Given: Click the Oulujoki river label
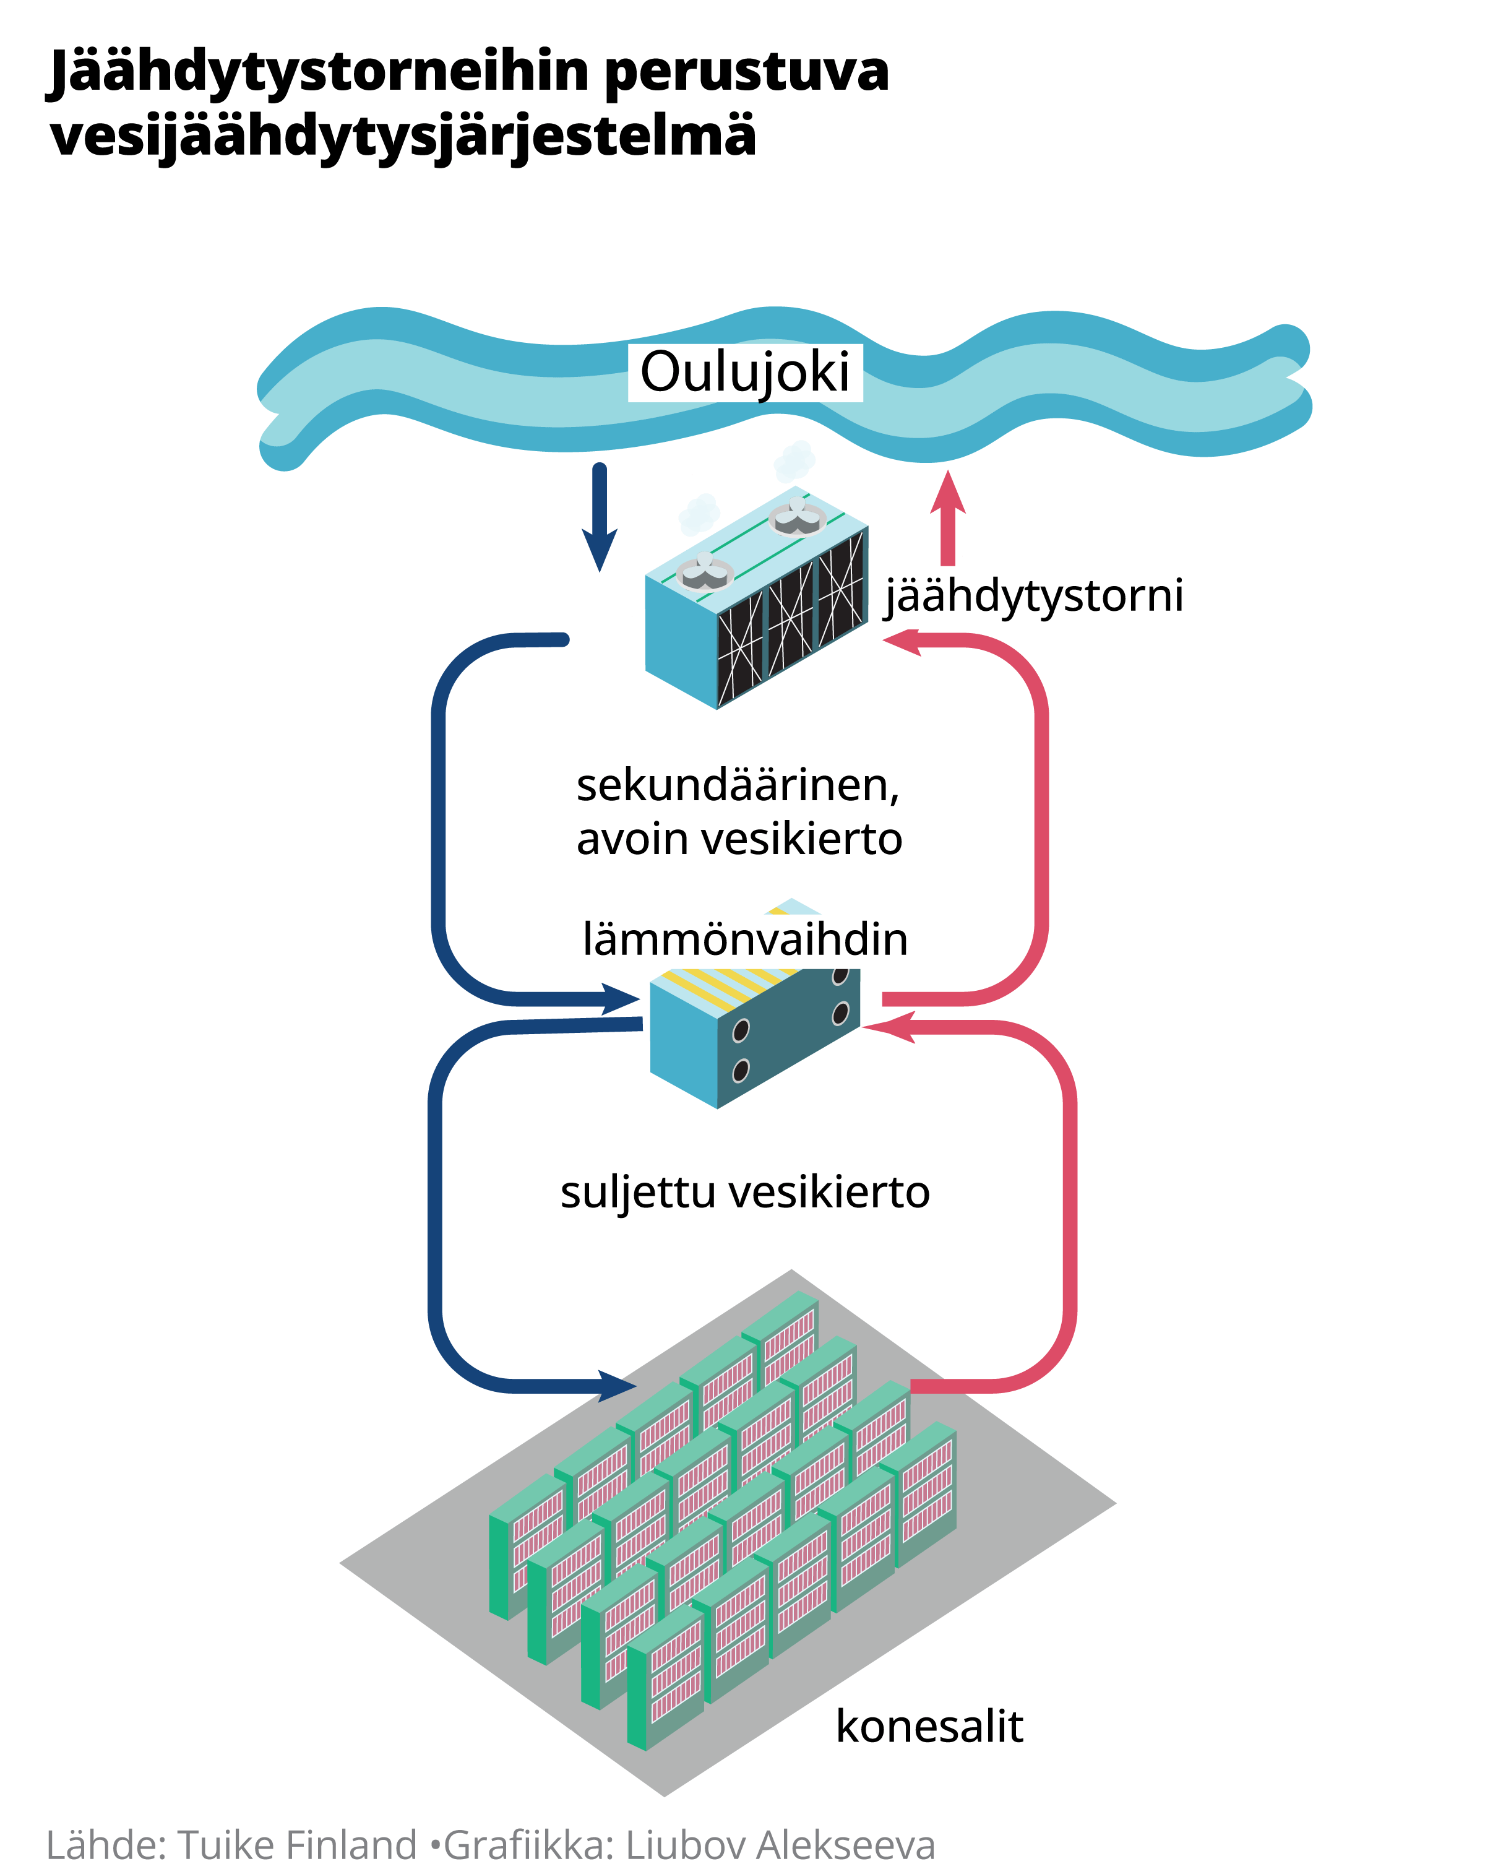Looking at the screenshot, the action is point(745,373).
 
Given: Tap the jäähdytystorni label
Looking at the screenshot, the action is point(1033,597).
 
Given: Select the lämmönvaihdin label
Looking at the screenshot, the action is point(745,939).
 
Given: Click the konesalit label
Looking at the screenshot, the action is point(929,1726).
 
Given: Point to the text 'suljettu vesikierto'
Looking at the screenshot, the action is point(745,1193).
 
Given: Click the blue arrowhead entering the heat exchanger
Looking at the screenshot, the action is point(622,999).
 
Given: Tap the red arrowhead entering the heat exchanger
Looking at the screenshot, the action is point(889,1027).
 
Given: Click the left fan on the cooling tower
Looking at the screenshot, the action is point(705,572).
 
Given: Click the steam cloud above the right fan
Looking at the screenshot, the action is point(794,460).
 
